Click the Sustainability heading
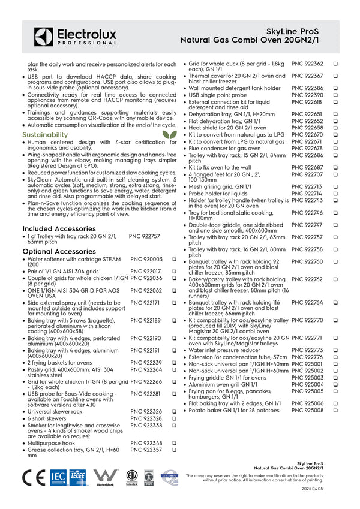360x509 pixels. [45, 135]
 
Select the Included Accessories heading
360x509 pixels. [59, 228]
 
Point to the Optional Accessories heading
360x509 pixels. [59, 251]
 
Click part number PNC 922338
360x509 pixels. [146, 425]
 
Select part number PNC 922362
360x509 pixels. [307, 64]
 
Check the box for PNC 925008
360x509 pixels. [335, 411]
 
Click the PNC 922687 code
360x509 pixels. [307, 167]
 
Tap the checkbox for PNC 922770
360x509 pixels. [335, 320]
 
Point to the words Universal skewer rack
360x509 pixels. [55, 412]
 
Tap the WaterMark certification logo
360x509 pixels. [106, 478]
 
